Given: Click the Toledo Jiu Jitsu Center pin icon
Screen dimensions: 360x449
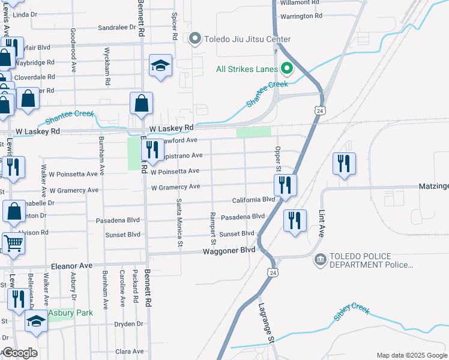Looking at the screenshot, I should point(194,40).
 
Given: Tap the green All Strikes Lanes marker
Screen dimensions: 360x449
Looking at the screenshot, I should point(287,69).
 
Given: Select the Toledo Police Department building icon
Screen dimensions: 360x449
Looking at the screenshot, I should point(320,259).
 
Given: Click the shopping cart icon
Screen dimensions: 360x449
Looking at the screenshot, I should point(14,243).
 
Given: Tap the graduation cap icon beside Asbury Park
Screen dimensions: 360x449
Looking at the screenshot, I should point(37,321).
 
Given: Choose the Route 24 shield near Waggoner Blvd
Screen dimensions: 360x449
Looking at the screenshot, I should point(274,272).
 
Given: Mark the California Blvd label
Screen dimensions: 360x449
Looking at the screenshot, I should point(253,199).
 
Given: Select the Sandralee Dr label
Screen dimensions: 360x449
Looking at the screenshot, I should point(117,27).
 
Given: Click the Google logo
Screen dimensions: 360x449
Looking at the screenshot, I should point(19,353).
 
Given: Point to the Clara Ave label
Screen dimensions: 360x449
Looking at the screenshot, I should point(130,351).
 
